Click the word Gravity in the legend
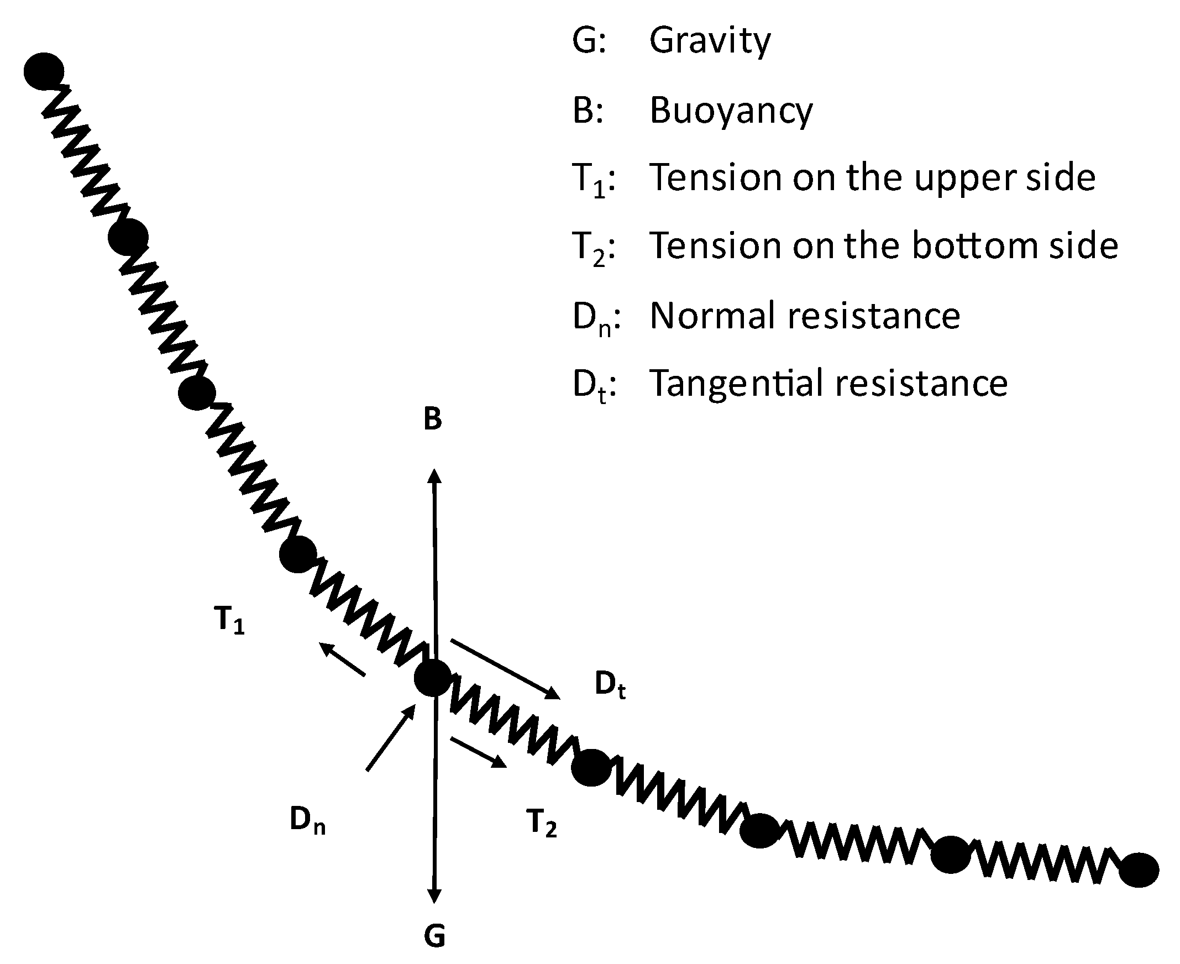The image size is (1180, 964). [710, 41]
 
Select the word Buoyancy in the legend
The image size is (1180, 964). [731, 110]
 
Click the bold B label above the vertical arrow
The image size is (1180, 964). [433, 419]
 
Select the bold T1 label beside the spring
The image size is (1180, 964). [229, 620]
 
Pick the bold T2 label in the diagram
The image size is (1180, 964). [542, 822]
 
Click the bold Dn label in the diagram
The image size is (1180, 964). [307, 820]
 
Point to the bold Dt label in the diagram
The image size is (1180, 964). [610, 684]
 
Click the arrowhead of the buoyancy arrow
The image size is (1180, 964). [434, 475]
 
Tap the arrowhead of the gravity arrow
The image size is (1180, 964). [434, 895]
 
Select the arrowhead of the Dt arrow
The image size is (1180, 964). [553, 694]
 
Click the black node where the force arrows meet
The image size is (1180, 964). [433, 678]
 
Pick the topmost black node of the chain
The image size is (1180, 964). [44, 71]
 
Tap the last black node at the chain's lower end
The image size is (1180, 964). [1139, 869]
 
